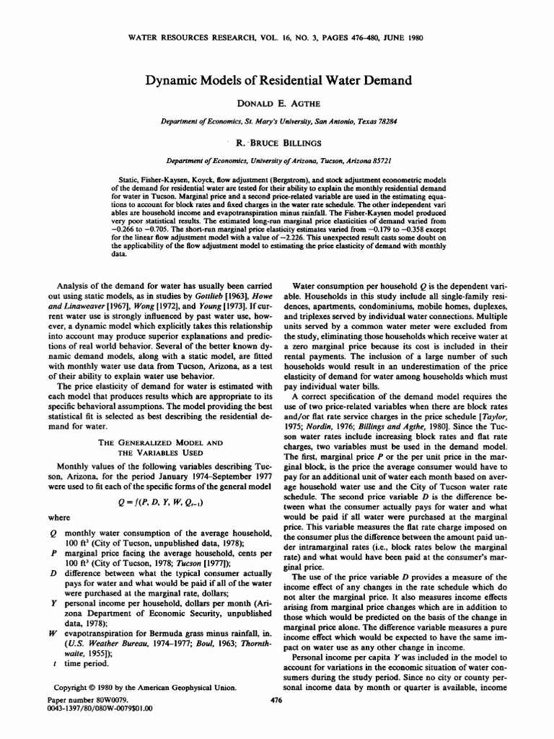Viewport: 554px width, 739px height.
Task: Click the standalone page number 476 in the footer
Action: (x=276, y=700)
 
